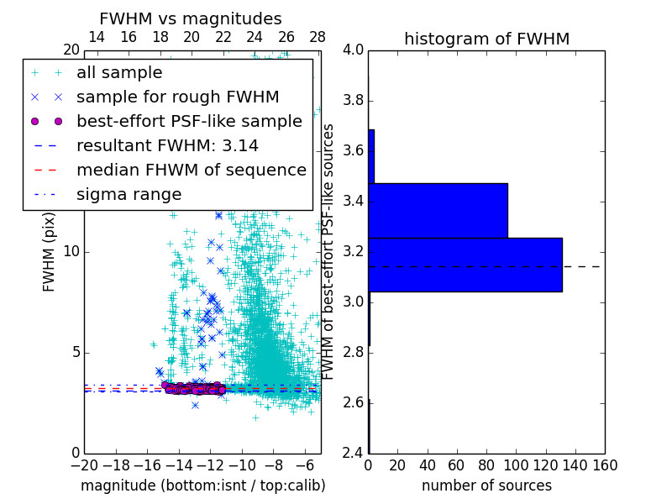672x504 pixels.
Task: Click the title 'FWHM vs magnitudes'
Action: pyautogui.click(x=190, y=18)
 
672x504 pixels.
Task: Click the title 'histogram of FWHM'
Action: pyautogui.click(x=486, y=39)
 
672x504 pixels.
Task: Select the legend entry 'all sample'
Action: pyautogui.click(x=119, y=73)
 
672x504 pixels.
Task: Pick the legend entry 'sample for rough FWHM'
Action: pyautogui.click(x=177, y=97)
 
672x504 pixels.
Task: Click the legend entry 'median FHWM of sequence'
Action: pyautogui.click(x=191, y=170)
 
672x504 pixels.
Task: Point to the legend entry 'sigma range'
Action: pyautogui.click(x=129, y=194)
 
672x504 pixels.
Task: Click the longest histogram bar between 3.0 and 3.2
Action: pyautogui.click(x=465, y=265)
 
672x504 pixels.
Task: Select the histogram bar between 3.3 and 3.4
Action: pyautogui.click(x=438, y=210)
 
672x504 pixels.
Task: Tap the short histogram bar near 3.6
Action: pyautogui.click(x=371, y=156)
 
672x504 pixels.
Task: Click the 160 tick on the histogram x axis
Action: pyautogui.click(x=604, y=465)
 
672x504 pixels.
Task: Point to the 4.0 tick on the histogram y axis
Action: pyautogui.click(x=354, y=50)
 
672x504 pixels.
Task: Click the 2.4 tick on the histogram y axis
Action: pyautogui.click(x=354, y=453)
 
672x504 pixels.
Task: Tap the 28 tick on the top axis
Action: pyautogui.click(x=318, y=37)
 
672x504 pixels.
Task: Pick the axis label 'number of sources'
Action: pyautogui.click(x=486, y=486)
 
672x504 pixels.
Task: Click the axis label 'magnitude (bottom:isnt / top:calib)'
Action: pyautogui.click(x=202, y=486)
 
